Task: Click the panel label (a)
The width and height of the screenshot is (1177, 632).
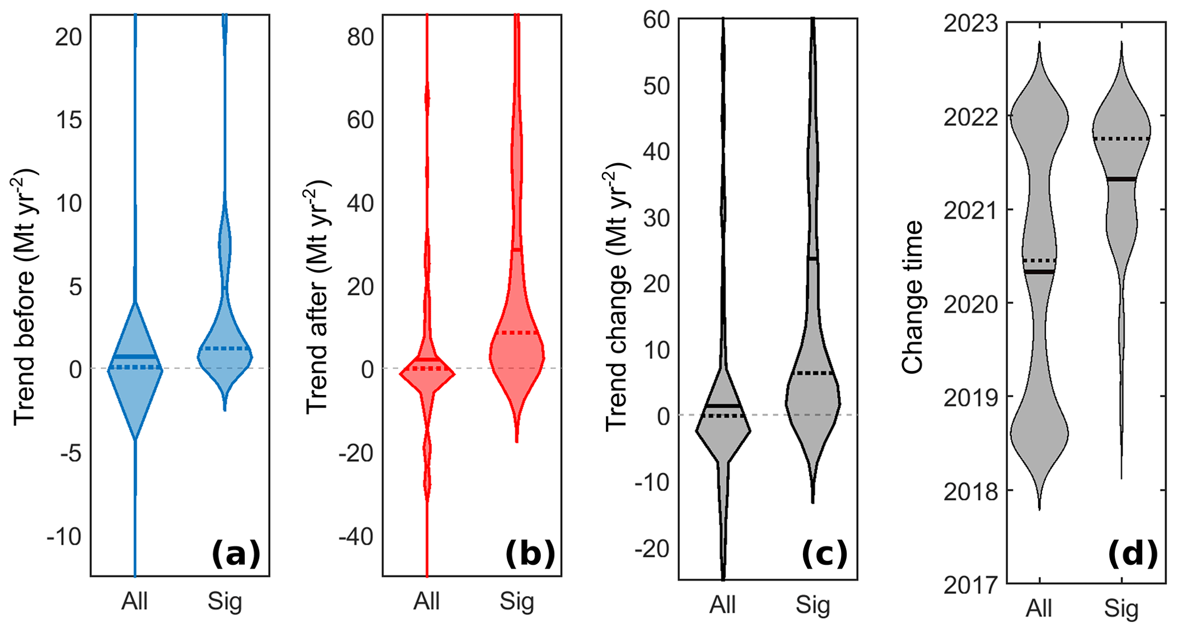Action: pos(236,554)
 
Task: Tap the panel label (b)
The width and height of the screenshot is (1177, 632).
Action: pos(530,554)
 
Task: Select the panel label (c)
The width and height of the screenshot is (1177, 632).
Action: pos(825,554)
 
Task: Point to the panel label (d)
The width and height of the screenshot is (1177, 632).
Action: pos(1133,554)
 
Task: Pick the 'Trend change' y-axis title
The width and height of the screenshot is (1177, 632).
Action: pos(616,296)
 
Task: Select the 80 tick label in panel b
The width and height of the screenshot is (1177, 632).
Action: pos(360,38)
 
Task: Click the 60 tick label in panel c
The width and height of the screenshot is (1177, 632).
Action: pos(657,21)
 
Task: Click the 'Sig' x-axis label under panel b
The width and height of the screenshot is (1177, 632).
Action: pos(517,602)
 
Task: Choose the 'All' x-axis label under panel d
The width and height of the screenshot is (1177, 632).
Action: pos(1039,609)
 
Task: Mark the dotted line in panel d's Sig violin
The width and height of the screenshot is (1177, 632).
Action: pos(1121,138)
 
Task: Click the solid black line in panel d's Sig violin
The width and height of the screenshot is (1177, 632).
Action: pos(1121,180)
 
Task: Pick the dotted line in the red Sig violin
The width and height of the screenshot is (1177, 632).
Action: pos(517,333)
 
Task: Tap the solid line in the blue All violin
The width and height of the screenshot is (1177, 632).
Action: pos(135,357)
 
